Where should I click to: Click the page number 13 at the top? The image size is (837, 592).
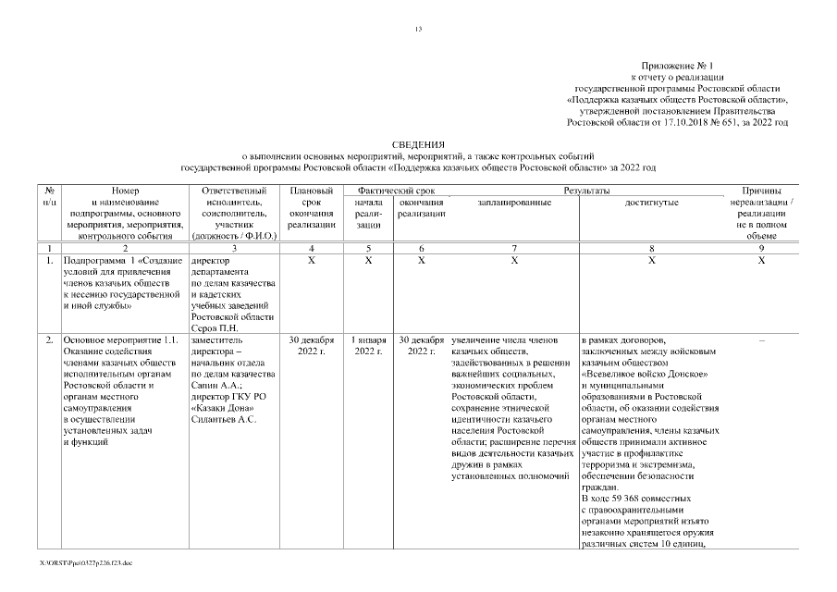click(418, 31)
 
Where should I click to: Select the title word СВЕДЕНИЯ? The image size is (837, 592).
click(418, 145)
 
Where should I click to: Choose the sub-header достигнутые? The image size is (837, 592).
click(651, 202)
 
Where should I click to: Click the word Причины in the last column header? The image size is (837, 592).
click(760, 190)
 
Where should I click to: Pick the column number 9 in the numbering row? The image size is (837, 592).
click(760, 249)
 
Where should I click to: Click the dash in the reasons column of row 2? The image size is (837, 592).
click(760, 340)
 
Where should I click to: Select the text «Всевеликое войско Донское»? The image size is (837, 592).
click(645, 374)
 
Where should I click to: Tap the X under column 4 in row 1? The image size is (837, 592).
click(310, 261)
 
